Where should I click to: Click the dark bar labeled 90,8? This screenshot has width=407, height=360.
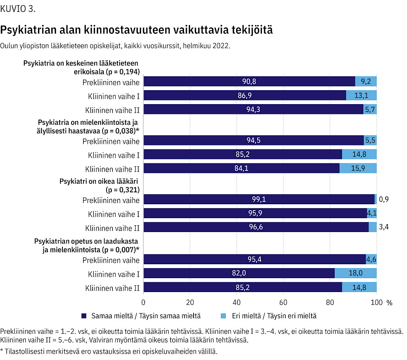pyautogui.click(x=249, y=81)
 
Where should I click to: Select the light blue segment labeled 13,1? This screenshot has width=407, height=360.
pyautogui.click(x=361, y=95)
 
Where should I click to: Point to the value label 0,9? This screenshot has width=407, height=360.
pyautogui.click(x=384, y=199)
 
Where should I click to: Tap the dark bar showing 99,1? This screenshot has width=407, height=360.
pyautogui.click(x=259, y=199)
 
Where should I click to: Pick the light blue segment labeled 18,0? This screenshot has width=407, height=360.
pyautogui.click(x=356, y=273)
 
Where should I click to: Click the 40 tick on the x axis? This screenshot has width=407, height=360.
pyautogui.click(x=236, y=302)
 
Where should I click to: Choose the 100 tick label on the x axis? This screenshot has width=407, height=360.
pyautogui.click(x=377, y=302)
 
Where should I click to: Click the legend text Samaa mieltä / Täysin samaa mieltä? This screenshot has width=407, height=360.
pyautogui.click(x=146, y=316)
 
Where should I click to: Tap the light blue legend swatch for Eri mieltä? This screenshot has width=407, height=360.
pyautogui.click(x=223, y=316)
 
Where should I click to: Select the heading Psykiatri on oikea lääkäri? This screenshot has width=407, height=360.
pyautogui.click(x=99, y=181)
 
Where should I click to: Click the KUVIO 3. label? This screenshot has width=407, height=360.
pyautogui.click(x=17, y=9)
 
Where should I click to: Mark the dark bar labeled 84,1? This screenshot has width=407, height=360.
pyautogui.click(x=241, y=168)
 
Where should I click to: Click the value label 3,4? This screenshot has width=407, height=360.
pyautogui.click(x=384, y=227)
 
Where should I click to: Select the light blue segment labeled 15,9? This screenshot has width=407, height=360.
pyautogui.click(x=358, y=168)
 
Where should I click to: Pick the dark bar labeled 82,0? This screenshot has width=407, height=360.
pyautogui.click(x=239, y=273)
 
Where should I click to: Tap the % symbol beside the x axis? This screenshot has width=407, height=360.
pyautogui.click(x=390, y=303)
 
